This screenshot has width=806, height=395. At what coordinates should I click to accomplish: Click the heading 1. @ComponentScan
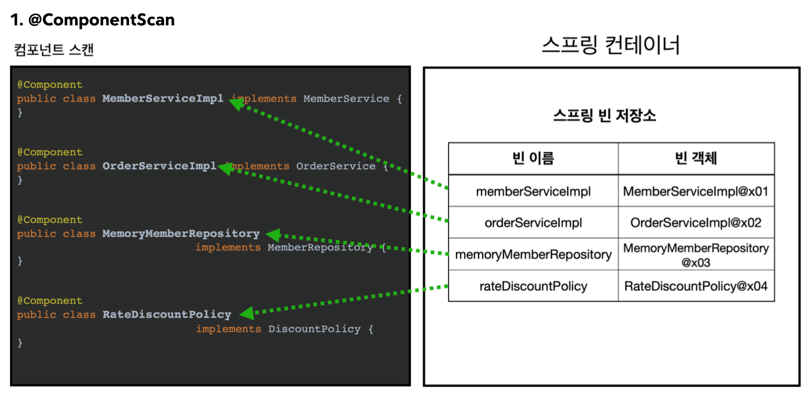(92, 21)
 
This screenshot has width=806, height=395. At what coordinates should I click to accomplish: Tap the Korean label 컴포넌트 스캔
(53, 50)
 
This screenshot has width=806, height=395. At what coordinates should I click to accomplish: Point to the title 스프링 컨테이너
(611, 46)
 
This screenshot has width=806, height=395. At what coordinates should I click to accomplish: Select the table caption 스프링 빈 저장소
(605, 116)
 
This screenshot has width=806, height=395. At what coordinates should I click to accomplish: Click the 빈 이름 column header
(533, 158)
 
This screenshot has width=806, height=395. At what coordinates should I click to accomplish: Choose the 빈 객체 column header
(696, 158)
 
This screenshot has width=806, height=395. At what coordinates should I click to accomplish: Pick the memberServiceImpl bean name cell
(533, 191)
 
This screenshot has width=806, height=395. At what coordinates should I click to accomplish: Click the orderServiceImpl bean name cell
(533, 223)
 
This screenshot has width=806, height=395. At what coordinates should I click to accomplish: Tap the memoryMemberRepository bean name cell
(533, 255)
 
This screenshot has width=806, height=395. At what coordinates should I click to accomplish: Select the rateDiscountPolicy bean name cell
(533, 286)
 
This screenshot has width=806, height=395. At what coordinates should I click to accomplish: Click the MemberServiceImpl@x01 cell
(696, 191)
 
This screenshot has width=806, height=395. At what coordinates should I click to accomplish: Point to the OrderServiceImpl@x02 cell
(696, 223)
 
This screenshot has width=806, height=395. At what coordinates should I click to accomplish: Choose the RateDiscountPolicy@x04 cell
(696, 286)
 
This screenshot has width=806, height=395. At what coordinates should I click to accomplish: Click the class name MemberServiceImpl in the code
(162, 99)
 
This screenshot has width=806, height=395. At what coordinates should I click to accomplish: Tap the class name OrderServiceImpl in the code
(159, 166)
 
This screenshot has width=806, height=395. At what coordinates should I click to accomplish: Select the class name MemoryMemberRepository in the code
(181, 234)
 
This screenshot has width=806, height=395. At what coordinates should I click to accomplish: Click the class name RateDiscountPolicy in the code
(167, 315)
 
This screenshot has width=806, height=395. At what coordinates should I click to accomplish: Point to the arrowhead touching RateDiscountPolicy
(246, 313)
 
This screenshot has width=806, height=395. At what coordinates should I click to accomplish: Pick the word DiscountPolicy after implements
(314, 329)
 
